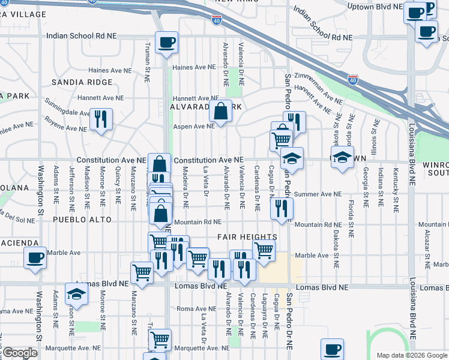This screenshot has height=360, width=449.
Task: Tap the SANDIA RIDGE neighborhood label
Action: [x=82, y=82]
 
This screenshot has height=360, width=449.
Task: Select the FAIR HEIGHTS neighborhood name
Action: [x=247, y=238]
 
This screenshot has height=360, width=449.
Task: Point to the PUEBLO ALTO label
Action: [x=82, y=220]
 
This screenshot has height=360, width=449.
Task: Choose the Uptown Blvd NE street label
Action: [x=378, y=7]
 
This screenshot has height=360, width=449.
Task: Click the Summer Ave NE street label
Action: [x=318, y=194]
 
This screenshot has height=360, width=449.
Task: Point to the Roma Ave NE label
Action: [x=191, y=308]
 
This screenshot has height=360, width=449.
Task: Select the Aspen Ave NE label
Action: [x=194, y=127]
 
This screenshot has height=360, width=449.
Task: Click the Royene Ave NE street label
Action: [x=66, y=128]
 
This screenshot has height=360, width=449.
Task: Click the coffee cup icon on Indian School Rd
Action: [x=166, y=43]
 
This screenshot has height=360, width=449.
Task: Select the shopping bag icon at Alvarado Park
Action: [x=221, y=110]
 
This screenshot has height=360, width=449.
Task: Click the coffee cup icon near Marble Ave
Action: [x=35, y=259]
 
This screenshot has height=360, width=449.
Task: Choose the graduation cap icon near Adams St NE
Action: [x=76, y=294]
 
